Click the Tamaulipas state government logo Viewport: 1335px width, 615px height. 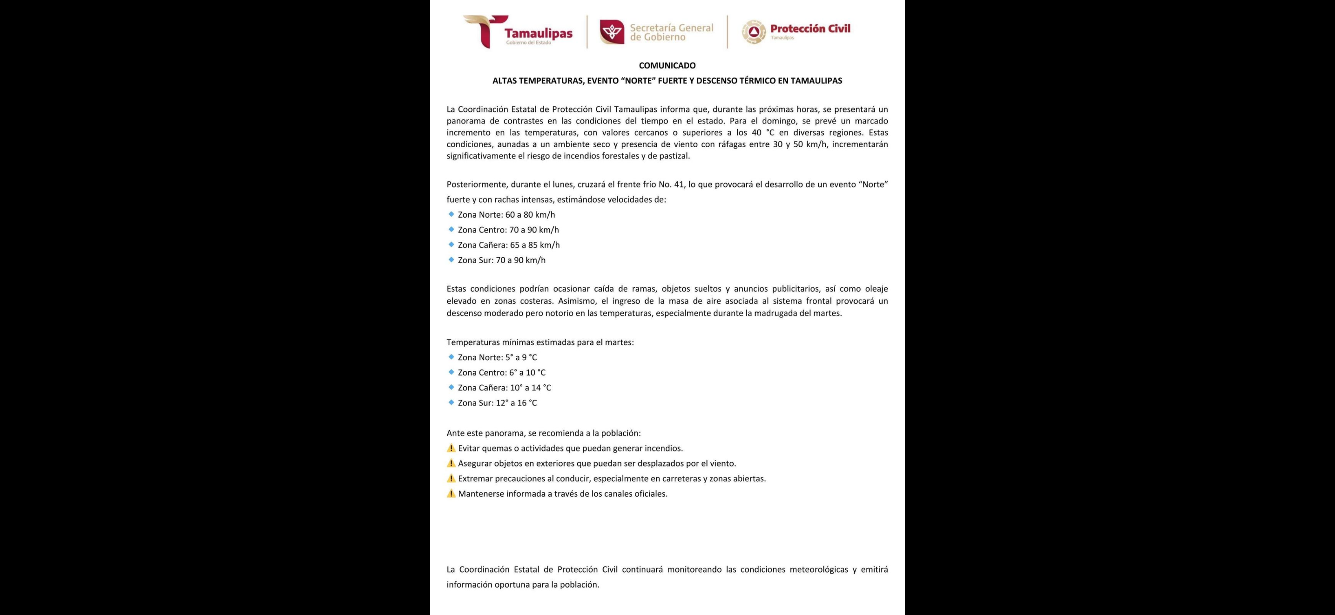pyautogui.click(x=518, y=32)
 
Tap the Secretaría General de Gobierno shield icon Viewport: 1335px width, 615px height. pyautogui.click(x=612, y=32)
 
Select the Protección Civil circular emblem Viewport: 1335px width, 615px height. pyautogui.click(x=754, y=32)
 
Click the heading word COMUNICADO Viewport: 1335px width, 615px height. pyautogui.click(x=667, y=66)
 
